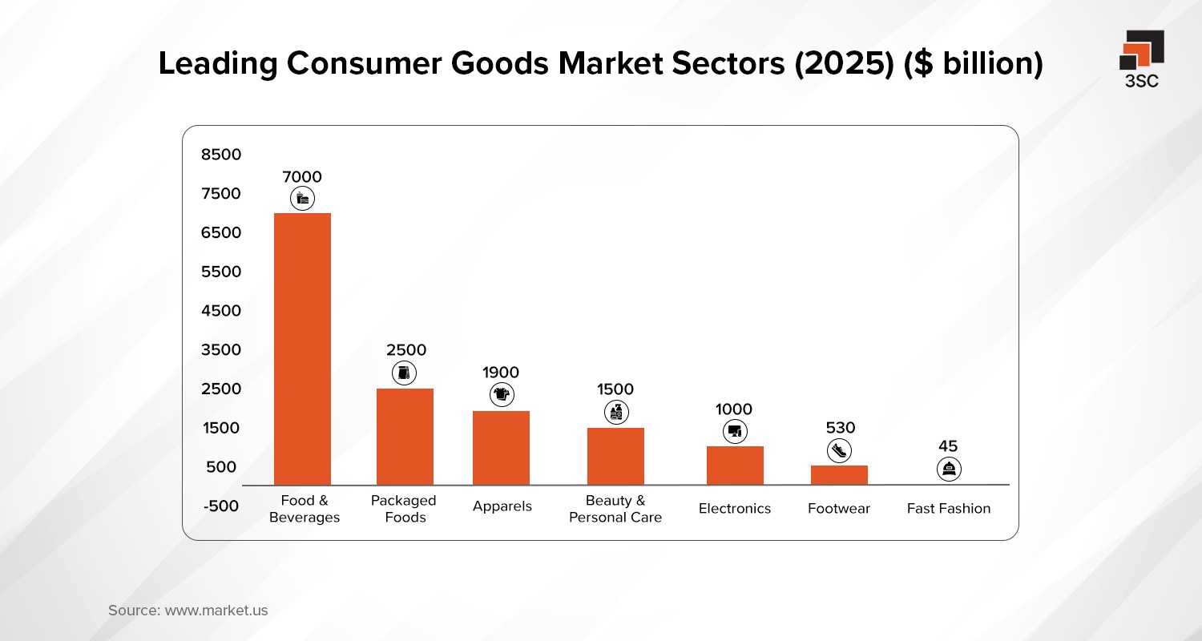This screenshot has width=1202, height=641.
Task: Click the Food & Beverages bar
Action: (302, 349)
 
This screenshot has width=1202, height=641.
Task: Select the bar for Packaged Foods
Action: (405, 437)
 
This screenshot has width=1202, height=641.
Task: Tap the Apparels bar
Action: (501, 448)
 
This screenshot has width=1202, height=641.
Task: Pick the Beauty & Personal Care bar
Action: (615, 456)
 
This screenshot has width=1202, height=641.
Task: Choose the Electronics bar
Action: (735, 466)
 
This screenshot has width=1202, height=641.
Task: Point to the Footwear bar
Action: (839, 475)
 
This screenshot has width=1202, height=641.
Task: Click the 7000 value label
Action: (302, 177)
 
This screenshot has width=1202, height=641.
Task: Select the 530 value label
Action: (841, 428)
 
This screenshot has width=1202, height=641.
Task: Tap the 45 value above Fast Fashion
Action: (948, 446)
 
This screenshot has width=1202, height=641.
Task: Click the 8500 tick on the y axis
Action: (221, 154)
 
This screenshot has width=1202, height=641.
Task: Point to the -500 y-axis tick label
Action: (221, 506)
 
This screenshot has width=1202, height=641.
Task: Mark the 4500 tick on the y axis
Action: (221, 311)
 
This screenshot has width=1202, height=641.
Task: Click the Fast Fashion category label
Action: (949, 509)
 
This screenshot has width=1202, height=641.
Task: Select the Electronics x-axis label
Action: (735, 509)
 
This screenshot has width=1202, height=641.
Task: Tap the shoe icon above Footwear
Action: (839, 451)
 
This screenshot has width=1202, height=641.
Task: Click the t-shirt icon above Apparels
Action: (502, 394)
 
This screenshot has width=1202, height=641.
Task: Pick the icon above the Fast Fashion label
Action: (949, 469)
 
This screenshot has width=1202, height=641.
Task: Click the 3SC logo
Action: (1142, 58)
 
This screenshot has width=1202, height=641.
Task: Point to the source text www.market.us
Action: (216, 611)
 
